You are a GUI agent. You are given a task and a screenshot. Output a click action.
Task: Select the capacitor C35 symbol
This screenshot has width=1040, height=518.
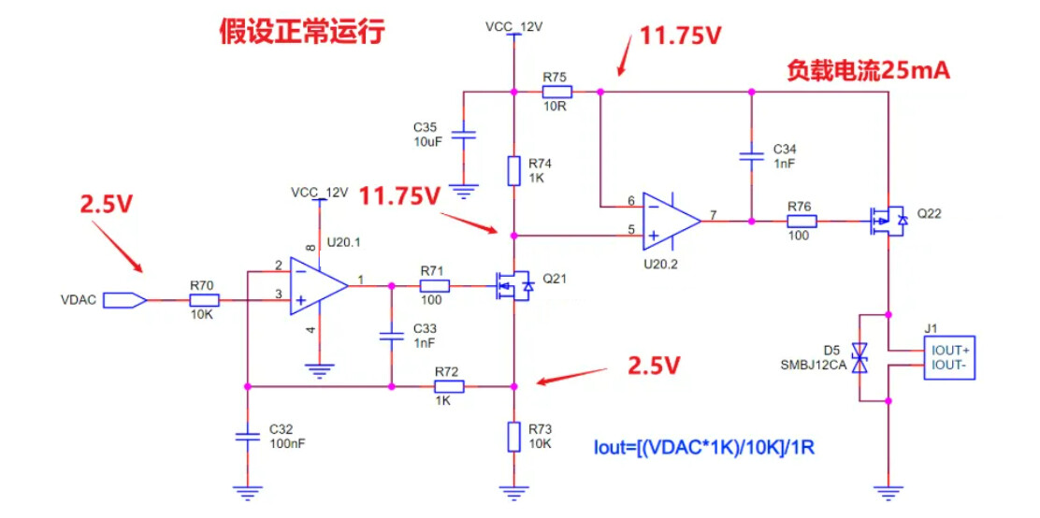pyautogui.click(x=464, y=136)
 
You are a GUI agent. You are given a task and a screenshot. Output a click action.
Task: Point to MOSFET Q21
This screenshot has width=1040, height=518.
pyautogui.click(x=513, y=284)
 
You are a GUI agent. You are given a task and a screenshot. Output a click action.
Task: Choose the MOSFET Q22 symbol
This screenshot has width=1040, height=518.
pyautogui.click(x=886, y=222)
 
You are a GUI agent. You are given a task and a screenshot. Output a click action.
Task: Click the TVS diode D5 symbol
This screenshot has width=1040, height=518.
pyautogui.click(x=862, y=356)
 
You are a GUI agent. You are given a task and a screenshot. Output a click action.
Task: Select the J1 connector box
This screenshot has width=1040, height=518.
pyautogui.click(x=948, y=357)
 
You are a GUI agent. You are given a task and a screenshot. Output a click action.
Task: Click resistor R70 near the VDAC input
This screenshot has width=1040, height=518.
pyautogui.click(x=204, y=300)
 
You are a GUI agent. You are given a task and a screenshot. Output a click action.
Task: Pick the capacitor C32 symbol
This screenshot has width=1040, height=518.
pyautogui.click(x=247, y=436)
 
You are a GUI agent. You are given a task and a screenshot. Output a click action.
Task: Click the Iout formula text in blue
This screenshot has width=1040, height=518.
pyautogui.click(x=704, y=447)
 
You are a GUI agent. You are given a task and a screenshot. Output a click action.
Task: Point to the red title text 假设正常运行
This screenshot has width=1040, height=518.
pyautogui.click(x=302, y=32)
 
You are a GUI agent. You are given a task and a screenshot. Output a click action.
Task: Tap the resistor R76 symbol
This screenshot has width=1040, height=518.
pyautogui.click(x=802, y=222)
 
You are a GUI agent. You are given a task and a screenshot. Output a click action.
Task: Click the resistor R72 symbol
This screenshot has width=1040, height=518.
pyautogui.click(x=448, y=385)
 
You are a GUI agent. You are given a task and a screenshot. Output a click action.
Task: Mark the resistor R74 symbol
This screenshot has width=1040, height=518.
pyautogui.click(x=513, y=170)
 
